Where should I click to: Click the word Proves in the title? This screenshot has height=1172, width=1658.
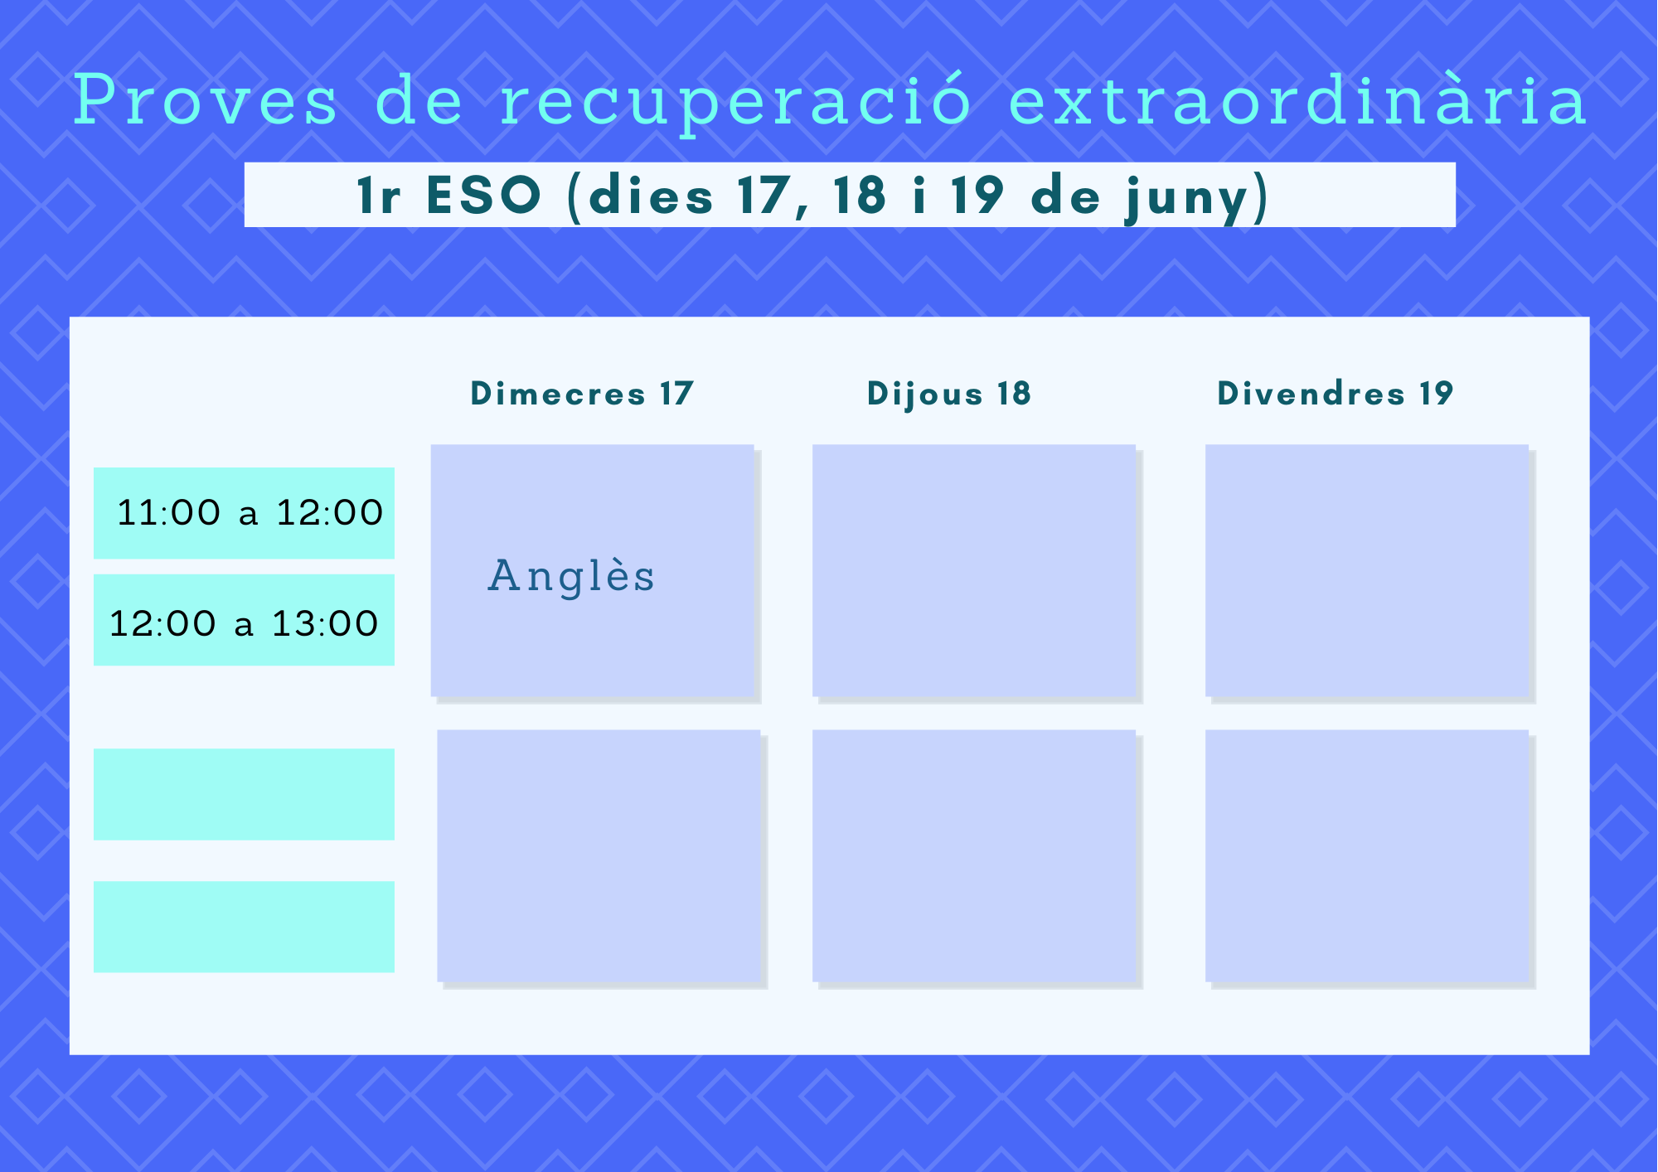[206, 100]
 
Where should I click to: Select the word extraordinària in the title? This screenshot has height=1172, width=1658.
[1297, 99]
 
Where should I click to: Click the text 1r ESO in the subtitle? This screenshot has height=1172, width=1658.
[448, 196]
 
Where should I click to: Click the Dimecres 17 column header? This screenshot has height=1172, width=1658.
[582, 394]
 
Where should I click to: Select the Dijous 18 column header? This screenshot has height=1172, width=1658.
[949, 395]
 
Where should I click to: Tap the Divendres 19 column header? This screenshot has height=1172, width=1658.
[1336, 394]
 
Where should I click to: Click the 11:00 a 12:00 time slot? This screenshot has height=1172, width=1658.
[244, 513]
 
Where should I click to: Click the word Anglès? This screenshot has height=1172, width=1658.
[571, 577]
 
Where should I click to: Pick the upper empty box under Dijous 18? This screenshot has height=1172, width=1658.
[974, 571]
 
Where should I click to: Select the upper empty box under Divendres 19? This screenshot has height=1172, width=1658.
[1367, 571]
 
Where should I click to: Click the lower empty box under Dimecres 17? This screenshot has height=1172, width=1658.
[599, 856]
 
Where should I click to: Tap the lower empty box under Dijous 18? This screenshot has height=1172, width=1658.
[974, 856]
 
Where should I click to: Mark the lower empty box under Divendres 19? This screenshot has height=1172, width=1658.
[1367, 856]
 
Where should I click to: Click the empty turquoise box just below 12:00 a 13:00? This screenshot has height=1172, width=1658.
[244, 795]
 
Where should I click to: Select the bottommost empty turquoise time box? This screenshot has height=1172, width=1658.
[244, 927]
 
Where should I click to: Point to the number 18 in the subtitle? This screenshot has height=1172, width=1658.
[860, 196]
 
